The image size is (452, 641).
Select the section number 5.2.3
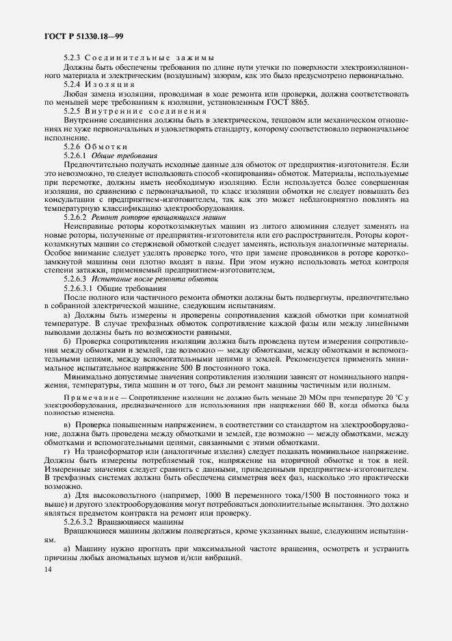point(72,58)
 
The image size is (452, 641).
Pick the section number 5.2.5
point(72,111)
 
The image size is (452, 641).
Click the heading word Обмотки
point(109,147)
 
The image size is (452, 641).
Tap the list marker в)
point(66,426)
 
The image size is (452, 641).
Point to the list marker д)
point(66,495)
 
